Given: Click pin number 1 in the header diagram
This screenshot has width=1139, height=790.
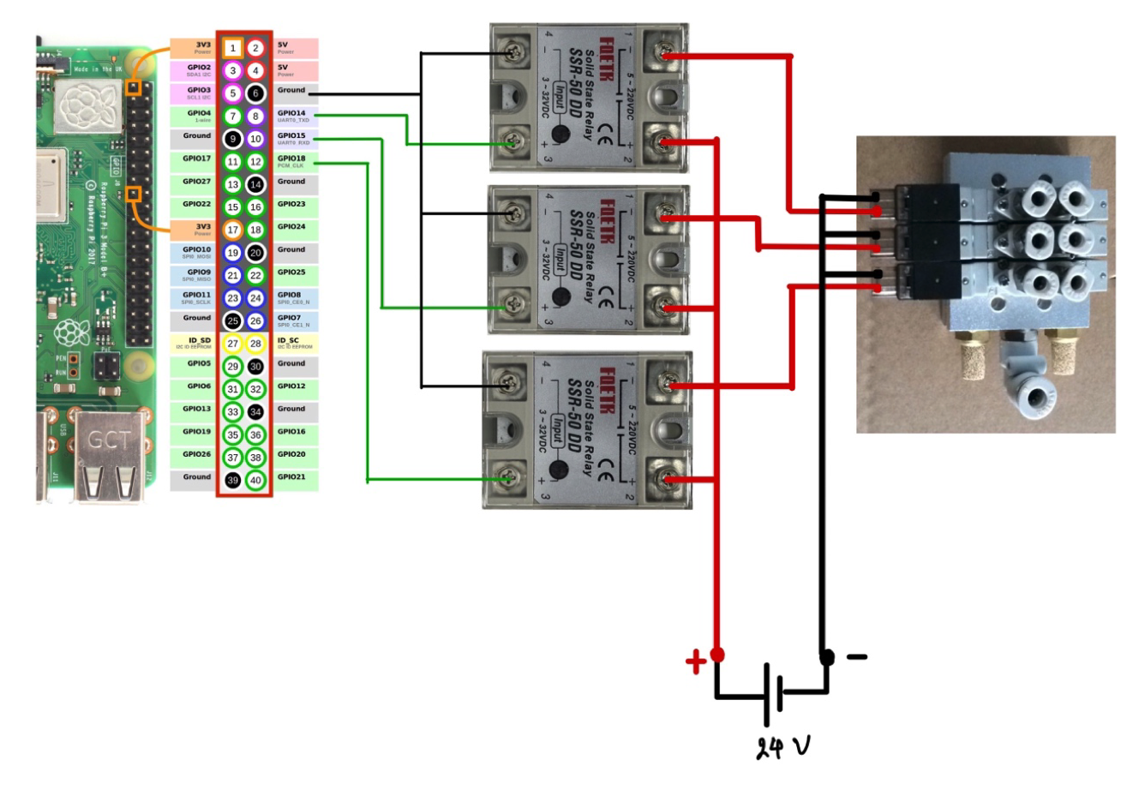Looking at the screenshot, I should point(232,48).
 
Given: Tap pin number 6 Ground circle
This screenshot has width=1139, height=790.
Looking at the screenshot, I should point(255,93).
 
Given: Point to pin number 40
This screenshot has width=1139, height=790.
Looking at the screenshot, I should point(255,481).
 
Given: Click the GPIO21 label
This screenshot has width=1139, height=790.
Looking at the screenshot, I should point(291,477).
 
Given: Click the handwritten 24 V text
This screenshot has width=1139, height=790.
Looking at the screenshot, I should point(782,748).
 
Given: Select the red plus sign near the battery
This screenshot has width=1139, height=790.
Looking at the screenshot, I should point(695,662).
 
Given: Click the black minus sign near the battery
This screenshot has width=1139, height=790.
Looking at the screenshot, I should point(856,657).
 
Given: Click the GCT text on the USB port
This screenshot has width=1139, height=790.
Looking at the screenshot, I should point(110,441).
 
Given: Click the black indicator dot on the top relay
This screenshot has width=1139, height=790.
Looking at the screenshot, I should point(561,134).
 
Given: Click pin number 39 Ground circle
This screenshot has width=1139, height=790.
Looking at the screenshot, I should point(232,481).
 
